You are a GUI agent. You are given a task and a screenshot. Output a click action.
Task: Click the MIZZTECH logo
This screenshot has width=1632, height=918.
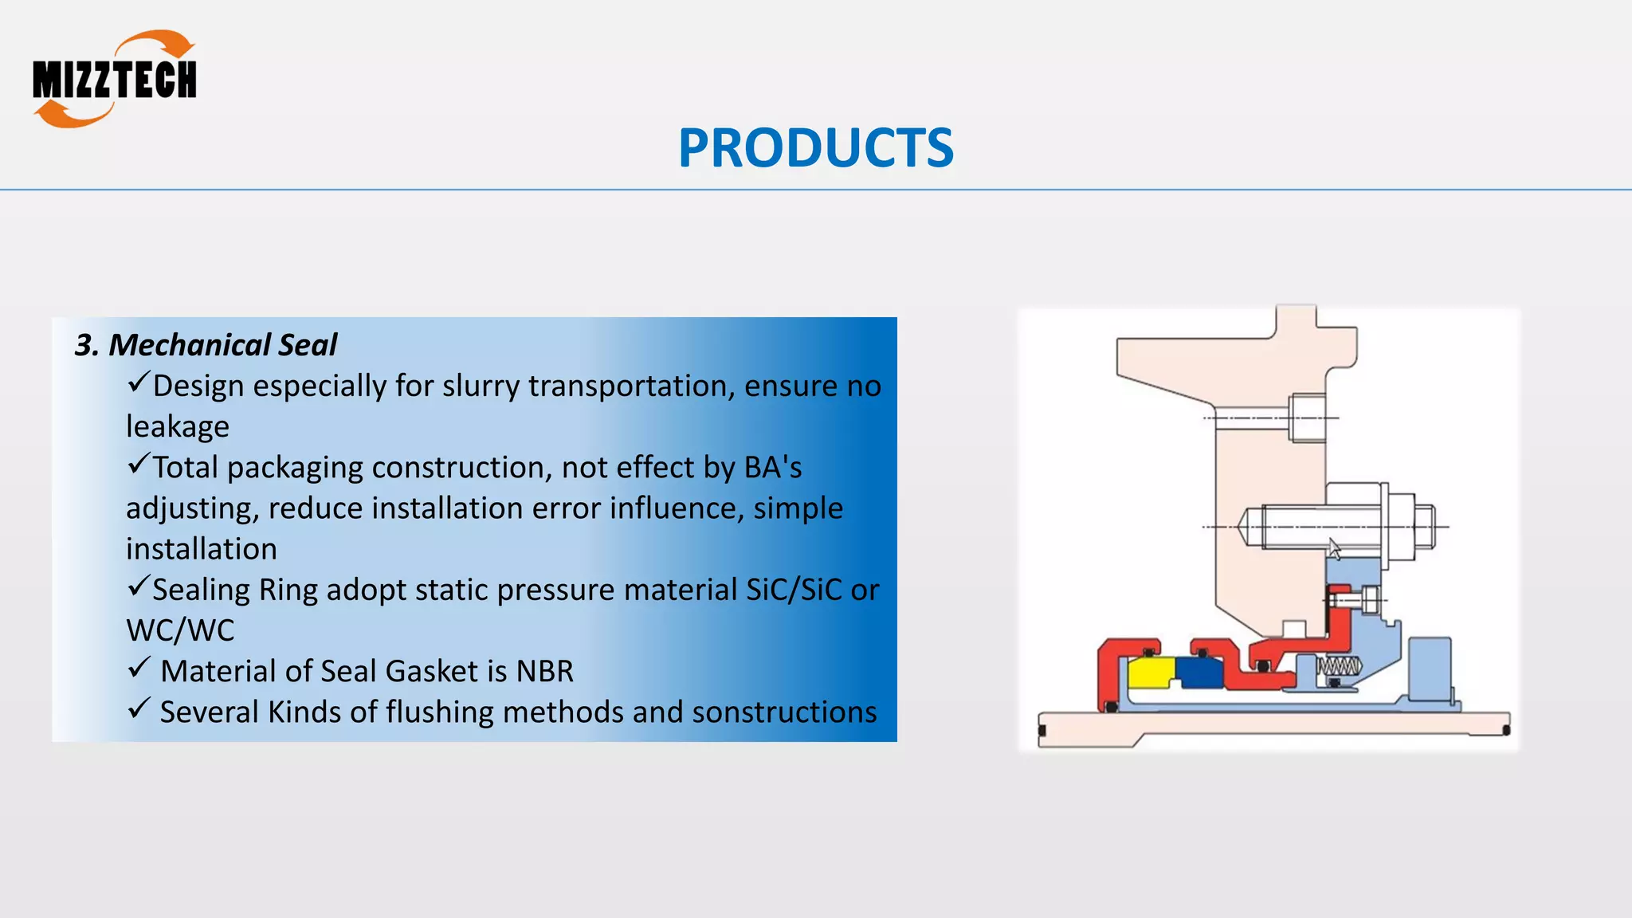coord(114,80)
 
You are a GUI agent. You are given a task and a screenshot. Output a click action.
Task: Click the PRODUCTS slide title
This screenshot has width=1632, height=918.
coord(815,148)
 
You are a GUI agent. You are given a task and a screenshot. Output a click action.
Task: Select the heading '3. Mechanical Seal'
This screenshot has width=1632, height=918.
coord(206,345)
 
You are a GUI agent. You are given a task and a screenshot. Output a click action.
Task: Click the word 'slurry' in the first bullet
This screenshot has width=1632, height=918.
coord(481,386)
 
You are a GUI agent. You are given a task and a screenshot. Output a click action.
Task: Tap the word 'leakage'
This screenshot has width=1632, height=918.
coord(177,426)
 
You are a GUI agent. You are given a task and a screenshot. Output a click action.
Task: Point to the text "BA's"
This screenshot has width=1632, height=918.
coord(772,468)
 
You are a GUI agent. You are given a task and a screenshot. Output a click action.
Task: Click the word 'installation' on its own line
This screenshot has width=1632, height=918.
coord(202,549)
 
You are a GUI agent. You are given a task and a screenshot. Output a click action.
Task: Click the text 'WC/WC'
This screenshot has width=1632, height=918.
coord(180,630)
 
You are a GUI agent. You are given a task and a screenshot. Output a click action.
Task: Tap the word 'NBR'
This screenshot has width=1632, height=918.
coord(544,671)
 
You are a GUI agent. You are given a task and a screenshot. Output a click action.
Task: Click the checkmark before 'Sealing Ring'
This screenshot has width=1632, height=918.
coord(138,586)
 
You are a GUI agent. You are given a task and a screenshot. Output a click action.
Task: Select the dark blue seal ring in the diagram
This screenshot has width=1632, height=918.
coord(1199,674)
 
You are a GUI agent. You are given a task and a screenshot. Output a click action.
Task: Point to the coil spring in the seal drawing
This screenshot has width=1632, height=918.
coord(1339,666)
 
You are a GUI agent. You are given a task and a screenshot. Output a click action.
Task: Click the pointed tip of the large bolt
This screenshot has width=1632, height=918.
coord(1243,527)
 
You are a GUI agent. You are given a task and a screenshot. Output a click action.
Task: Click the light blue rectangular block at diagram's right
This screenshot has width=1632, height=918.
coord(1430,667)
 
